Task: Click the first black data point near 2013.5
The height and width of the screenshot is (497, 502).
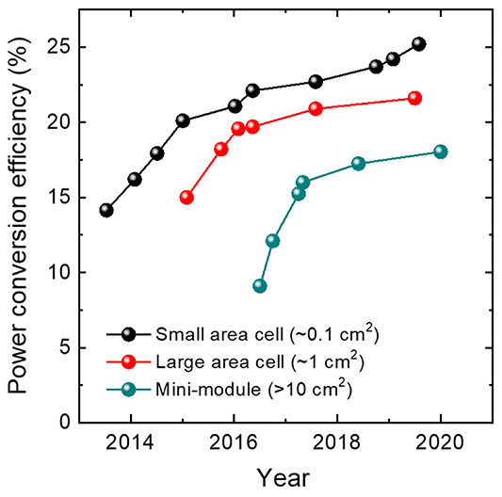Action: (x=106, y=210)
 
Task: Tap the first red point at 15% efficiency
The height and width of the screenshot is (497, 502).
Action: (x=186, y=198)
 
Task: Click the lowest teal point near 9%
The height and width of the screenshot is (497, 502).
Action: (x=260, y=286)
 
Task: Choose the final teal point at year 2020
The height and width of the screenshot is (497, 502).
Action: (x=440, y=152)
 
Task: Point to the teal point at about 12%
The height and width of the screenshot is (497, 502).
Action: (x=272, y=241)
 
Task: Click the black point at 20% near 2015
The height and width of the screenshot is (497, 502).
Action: (x=183, y=120)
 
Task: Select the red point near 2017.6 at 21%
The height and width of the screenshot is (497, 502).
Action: (x=316, y=108)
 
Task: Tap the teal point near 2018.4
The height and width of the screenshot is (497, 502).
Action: (x=358, y=163)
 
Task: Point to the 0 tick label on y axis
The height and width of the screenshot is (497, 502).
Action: (x=65, y=423)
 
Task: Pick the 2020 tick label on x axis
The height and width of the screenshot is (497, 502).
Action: (x=440, y=445)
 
